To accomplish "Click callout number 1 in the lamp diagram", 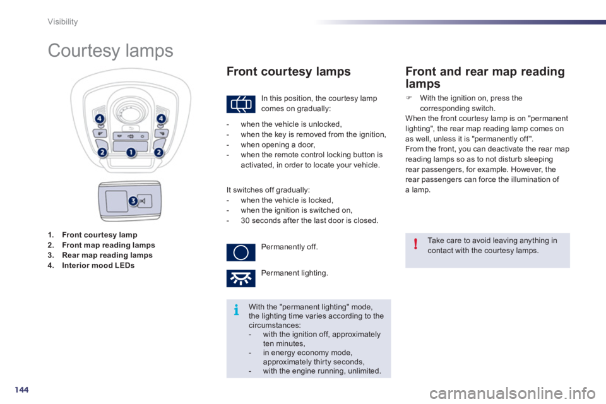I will coord(131,152).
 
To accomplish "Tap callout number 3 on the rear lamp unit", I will coord(133,201).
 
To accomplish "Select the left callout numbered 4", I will coord(100,119).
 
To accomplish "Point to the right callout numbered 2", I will coord(160,152).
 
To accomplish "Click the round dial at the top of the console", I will coord(130,109).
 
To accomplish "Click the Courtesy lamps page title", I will coord(110,50).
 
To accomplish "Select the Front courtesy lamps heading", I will coord(288,72).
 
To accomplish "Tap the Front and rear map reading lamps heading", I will coord(485,77).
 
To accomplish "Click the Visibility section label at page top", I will coord(63,22).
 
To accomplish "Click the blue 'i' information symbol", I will coord(236,311).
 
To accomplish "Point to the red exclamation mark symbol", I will coord(415,245).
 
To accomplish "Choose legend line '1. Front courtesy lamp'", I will coord(92,235).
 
